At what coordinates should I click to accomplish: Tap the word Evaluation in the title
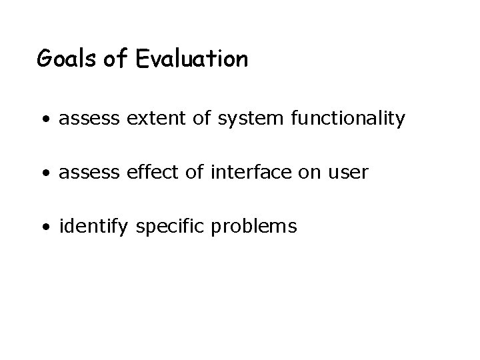point(192,60)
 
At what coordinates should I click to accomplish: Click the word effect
point(138,173)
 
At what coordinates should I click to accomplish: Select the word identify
point(94,227)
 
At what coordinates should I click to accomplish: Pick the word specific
point(171,227)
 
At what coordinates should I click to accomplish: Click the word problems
point(254,227)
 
